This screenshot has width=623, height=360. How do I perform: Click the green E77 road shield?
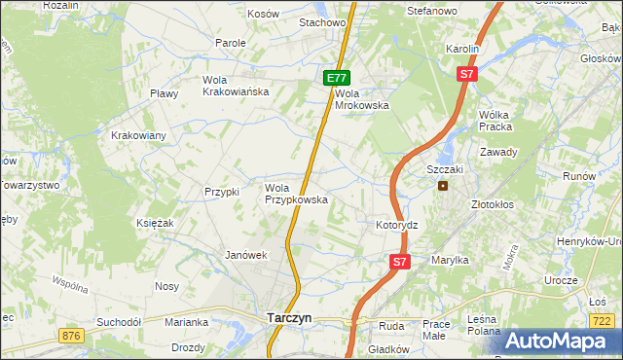point(336,77)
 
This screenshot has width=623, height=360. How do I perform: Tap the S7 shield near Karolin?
point(467,73)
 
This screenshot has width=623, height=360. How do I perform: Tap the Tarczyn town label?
point(289,317)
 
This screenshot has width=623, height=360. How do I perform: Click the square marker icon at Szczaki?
point(443,185)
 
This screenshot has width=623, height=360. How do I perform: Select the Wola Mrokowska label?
point(362,99)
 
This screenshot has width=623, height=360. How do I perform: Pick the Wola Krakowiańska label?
point(235,86)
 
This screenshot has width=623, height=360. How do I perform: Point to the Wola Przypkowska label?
point(296,193)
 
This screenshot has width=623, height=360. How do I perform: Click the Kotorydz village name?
point(396,225)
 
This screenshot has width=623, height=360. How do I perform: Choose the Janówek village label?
point(245,255)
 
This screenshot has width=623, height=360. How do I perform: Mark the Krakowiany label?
point(138,135)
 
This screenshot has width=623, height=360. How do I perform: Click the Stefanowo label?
point(431,11)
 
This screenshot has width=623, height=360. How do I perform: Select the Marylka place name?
point(449,260)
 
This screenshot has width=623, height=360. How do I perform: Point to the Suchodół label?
point(119,321)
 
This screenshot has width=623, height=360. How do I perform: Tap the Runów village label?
point(578,176)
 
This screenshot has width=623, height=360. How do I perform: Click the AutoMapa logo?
point(558,341)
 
